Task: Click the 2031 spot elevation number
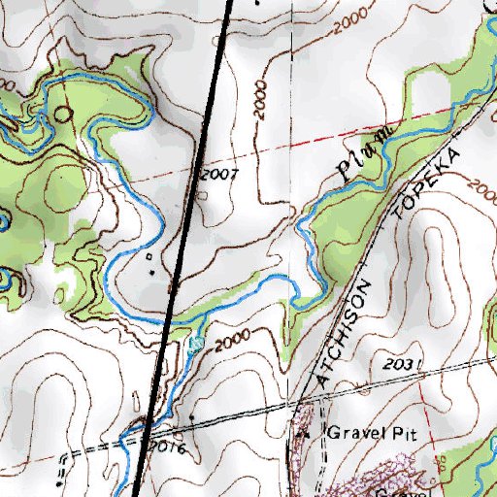(x=401, y=364)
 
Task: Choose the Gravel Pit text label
(x=370, y=434)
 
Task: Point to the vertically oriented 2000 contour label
(x=259, y=100)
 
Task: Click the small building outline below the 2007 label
(x=201, y=193)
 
